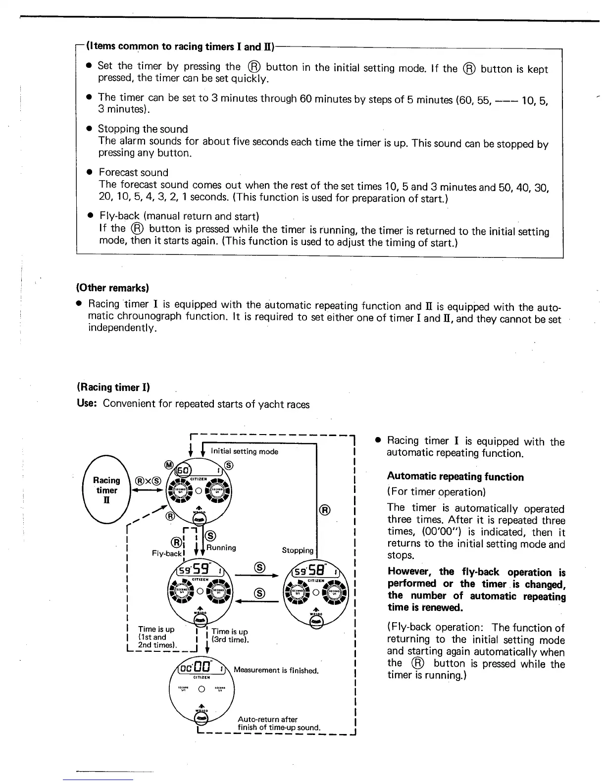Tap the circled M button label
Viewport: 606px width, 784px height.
(x=168, y=464)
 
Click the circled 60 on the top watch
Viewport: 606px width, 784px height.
(x=182, y=468)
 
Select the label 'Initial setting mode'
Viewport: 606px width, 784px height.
(x=244, y=451)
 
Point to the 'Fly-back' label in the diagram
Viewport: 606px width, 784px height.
(x=167, y=553)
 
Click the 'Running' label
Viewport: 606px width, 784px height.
(x=221, y=548)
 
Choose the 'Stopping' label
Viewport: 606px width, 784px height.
(x=298, y=550)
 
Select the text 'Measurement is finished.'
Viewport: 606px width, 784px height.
(x=275, y=671)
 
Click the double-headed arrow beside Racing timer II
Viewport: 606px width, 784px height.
(x=147, y=491)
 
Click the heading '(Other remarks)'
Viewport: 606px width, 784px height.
(x=112, y=288)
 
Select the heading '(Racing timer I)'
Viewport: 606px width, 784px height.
(x=113, y=387)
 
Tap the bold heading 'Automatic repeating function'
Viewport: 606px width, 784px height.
(x=455, y=477)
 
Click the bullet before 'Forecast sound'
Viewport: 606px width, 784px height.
(x=90, y=172)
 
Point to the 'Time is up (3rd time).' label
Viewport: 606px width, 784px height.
(x=230, y=636)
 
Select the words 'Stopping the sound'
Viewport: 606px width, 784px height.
(x=143, y=129)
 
